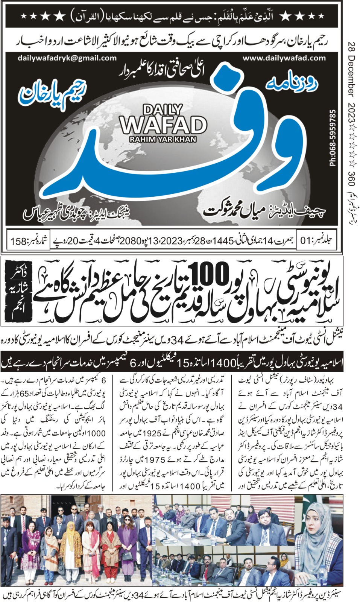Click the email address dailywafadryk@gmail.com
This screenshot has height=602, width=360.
tap(67, 58)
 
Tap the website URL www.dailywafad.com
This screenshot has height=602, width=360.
tap(284, 58)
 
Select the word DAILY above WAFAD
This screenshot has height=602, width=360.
tap(163, 110)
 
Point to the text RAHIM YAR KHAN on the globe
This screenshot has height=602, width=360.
tap(163, 140)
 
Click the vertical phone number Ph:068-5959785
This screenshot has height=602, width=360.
tap(332, 137)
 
